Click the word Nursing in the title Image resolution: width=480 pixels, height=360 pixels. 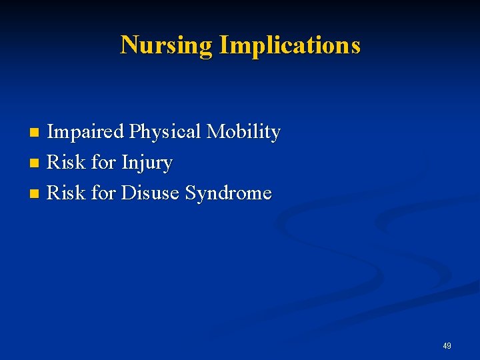click(167, 45)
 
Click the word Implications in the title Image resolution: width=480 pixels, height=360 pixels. click(289, 45)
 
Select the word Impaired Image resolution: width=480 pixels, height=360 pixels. click(85, 132)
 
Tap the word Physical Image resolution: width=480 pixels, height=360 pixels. click(165, 132)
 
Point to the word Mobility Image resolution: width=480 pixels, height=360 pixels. click(243, 132)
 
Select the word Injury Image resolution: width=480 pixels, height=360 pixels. click(147, 163)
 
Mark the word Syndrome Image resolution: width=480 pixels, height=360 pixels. click(228, 194)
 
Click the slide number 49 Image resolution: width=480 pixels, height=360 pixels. click(447, 346)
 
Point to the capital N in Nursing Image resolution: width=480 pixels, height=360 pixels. click(129, 45)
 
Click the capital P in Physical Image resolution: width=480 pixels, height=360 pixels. click(134, 132)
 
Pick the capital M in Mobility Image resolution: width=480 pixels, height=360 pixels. click(215, 132)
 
